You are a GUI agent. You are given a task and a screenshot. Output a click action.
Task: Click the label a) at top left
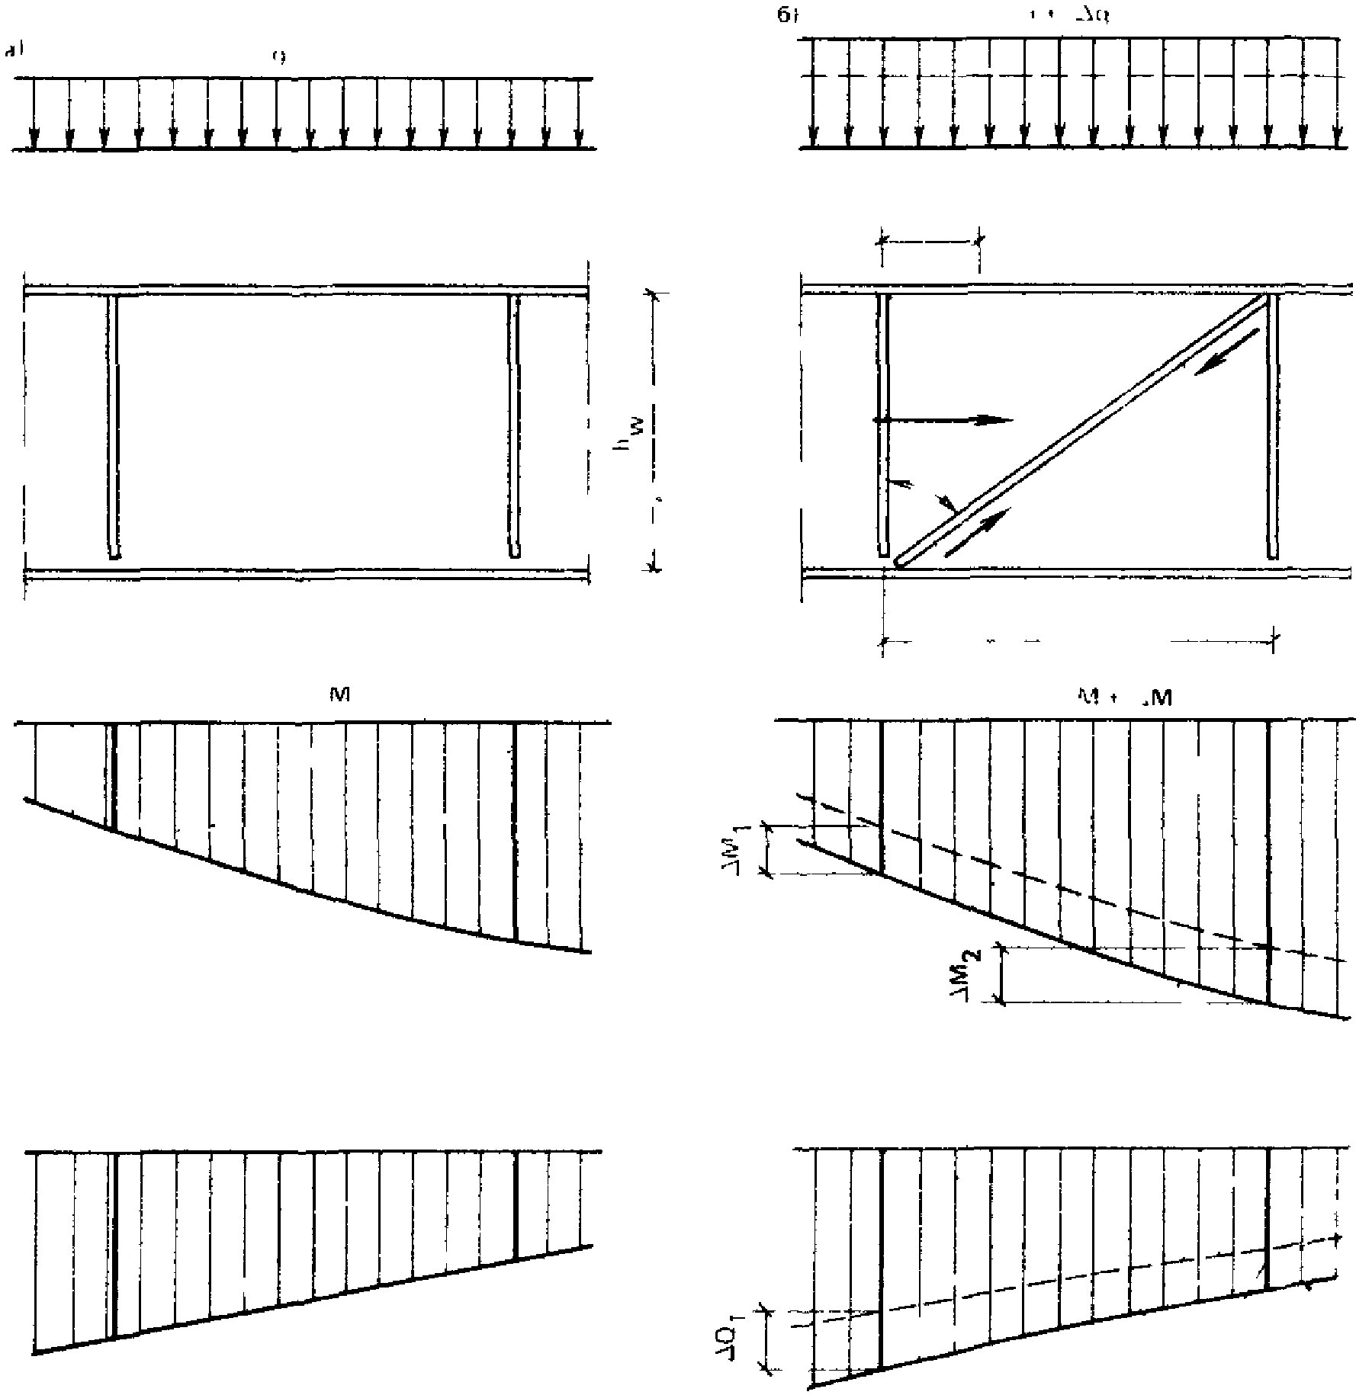point(13,52)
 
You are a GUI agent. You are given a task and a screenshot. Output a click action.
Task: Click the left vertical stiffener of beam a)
point(113,427)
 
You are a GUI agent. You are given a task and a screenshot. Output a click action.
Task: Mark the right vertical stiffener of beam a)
point(515,427)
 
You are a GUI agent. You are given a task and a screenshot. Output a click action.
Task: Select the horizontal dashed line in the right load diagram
point(1068,75)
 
